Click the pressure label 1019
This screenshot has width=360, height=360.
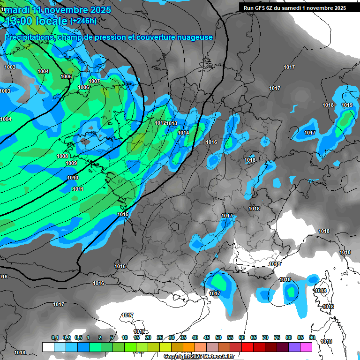347,105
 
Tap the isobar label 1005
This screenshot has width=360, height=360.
66,76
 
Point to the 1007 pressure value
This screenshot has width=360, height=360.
94,81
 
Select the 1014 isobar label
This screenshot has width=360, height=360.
183,133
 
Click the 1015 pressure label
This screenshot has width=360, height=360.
123,214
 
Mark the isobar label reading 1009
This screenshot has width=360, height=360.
71,163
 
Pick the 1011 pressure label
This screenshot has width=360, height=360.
78,189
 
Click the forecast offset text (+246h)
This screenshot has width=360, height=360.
83,21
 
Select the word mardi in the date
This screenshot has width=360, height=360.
17,9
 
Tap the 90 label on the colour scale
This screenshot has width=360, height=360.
312,337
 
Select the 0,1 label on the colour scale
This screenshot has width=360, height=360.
55,337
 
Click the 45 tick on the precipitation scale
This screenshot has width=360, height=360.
207,337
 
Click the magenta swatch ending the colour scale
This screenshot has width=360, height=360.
306,347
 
